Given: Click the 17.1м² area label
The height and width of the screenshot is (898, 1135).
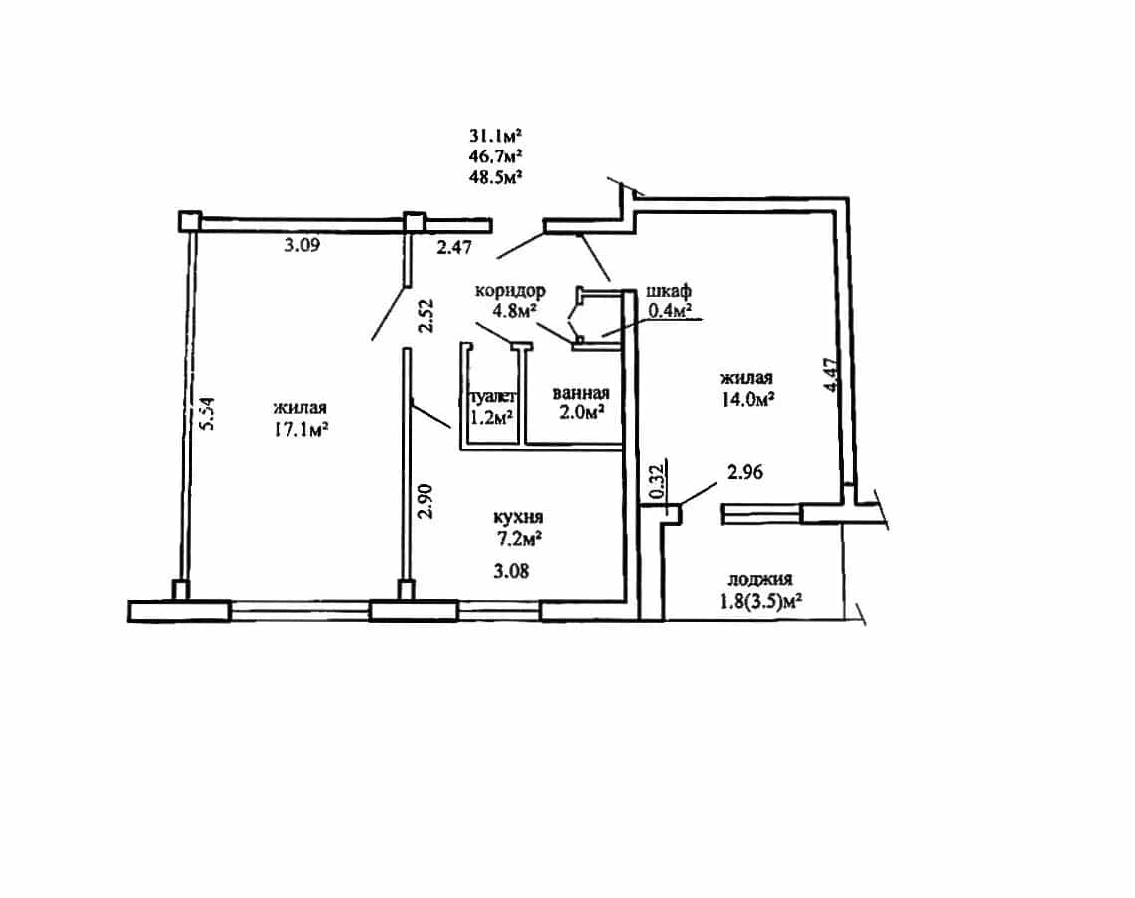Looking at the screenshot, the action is click(x=300, y=430).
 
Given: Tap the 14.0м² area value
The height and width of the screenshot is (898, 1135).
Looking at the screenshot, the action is click(x=747, y=399).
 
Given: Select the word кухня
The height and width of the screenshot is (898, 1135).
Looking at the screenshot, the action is click(x=518, y=518).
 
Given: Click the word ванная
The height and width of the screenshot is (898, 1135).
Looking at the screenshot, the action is click(x=581, y=393).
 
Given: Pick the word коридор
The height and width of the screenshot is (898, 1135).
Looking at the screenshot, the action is click(x=510, y=291).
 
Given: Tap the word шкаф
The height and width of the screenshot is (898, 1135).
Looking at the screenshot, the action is click(x=668, y=291).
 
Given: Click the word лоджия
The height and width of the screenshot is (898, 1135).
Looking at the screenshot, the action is click(x=760, y=579).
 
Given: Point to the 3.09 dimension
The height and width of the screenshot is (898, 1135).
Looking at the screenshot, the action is click(x=302, y=245).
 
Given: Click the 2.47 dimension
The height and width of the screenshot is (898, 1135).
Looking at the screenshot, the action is click(x=454, y=248).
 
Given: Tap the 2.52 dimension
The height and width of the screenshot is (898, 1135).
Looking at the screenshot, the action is click(x=426, y=316).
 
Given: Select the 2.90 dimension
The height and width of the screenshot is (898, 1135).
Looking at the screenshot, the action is click(x=426, y=501).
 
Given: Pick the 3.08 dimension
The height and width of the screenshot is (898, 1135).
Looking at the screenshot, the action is click(x=512, y=571).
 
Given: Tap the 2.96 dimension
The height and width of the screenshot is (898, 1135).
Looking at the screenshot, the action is click(x=744, y=472).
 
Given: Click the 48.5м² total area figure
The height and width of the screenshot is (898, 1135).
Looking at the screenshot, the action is click(x=496, y=176).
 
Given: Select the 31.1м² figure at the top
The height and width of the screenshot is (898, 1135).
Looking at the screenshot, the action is click(x=496, y=135).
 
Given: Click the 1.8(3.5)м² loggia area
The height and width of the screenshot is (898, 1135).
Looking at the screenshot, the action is click(x=763, y=601).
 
